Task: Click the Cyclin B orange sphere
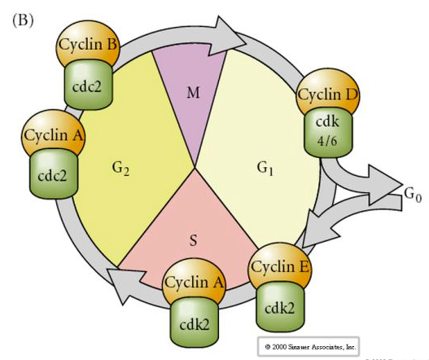[x=88, y=44]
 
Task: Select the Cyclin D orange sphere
[x=328, y=93]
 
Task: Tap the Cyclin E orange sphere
[x=279, y=265]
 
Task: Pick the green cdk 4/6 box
[x=328, y=134]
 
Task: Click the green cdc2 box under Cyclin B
[x=88, y=85]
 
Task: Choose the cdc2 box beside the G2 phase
[x=53, y=174]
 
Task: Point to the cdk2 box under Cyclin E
[x=280, y=307]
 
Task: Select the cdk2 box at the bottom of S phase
[x=195, y=323]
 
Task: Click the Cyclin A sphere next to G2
[x=53, y=134]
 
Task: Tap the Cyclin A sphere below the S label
[x=194, y=281]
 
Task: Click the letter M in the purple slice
[x=193, y=93]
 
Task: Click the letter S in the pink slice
[x=193, y=240]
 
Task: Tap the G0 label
[x=413, y=194]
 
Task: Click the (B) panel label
[x=23, y=20]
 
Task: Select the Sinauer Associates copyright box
[x=309, y=347]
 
